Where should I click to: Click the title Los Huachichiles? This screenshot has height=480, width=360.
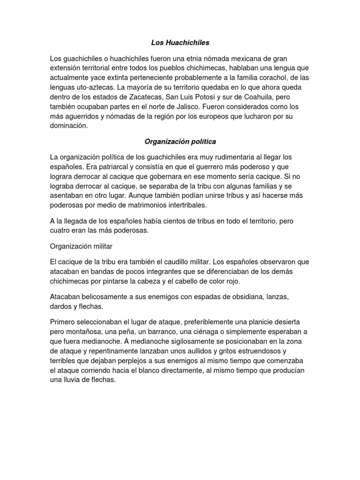[180, 43]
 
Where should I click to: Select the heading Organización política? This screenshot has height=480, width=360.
[180, 141]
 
